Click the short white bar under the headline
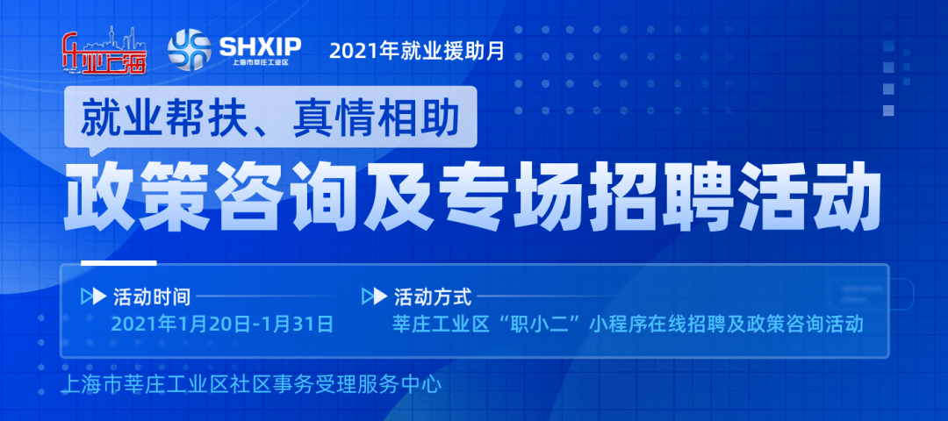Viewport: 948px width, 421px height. (x=118, y=263)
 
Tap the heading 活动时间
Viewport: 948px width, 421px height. (x=152, y=297)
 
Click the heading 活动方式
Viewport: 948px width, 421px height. (x=432, y=297)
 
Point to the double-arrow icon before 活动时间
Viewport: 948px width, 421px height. (x=94, y=297)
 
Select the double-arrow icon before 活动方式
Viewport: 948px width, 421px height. (x=374, y=297)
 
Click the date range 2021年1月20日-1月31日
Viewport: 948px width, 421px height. (x=222, y=325)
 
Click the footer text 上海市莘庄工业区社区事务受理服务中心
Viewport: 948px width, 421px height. (x=248, y=384)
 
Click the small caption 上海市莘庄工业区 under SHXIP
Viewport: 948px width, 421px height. (x=261, y=62)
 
